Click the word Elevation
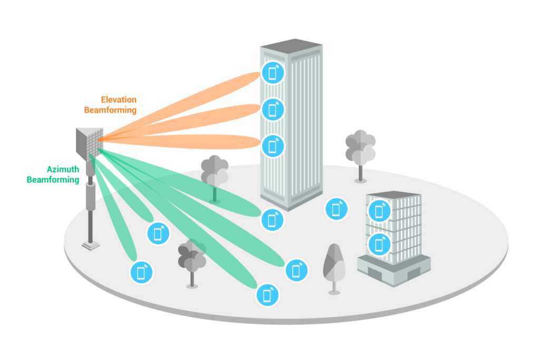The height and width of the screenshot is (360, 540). (x=118, y=100)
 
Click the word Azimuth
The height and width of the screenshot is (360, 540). (x=63, y=170)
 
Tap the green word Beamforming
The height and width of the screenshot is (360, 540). (x=53, y=180)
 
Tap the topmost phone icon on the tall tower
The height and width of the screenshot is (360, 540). (x=273, y=73)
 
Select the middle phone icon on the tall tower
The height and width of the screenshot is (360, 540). (x=273, y=110)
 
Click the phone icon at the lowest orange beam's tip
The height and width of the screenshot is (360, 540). (x=273, y=145)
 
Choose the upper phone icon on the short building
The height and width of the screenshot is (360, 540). (x=379, y=211)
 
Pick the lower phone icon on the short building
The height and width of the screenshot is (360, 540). (x=379, y=244)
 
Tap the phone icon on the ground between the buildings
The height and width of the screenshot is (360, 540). (x=336, y=209)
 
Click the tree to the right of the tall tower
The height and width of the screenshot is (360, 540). (x=360, y=148)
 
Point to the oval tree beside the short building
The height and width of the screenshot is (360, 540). (x=333, y=264)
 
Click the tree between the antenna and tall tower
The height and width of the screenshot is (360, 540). (x=214, y=171)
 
